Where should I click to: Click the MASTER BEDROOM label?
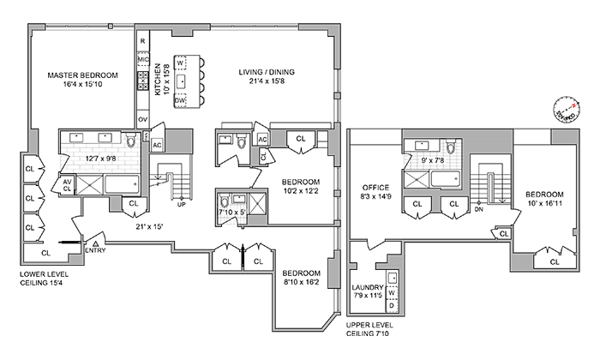click(83, 75)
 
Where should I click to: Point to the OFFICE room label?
click(376, 187)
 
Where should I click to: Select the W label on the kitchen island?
click(180, 63)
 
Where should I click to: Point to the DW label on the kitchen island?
click(181, 101)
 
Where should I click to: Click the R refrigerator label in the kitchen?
click(142, 41)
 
